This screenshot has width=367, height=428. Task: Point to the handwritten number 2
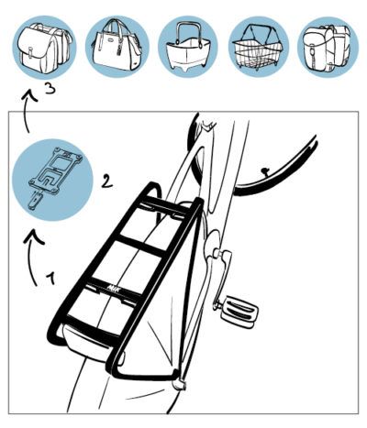point(106,181)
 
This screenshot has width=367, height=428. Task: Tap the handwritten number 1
point(51,275)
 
